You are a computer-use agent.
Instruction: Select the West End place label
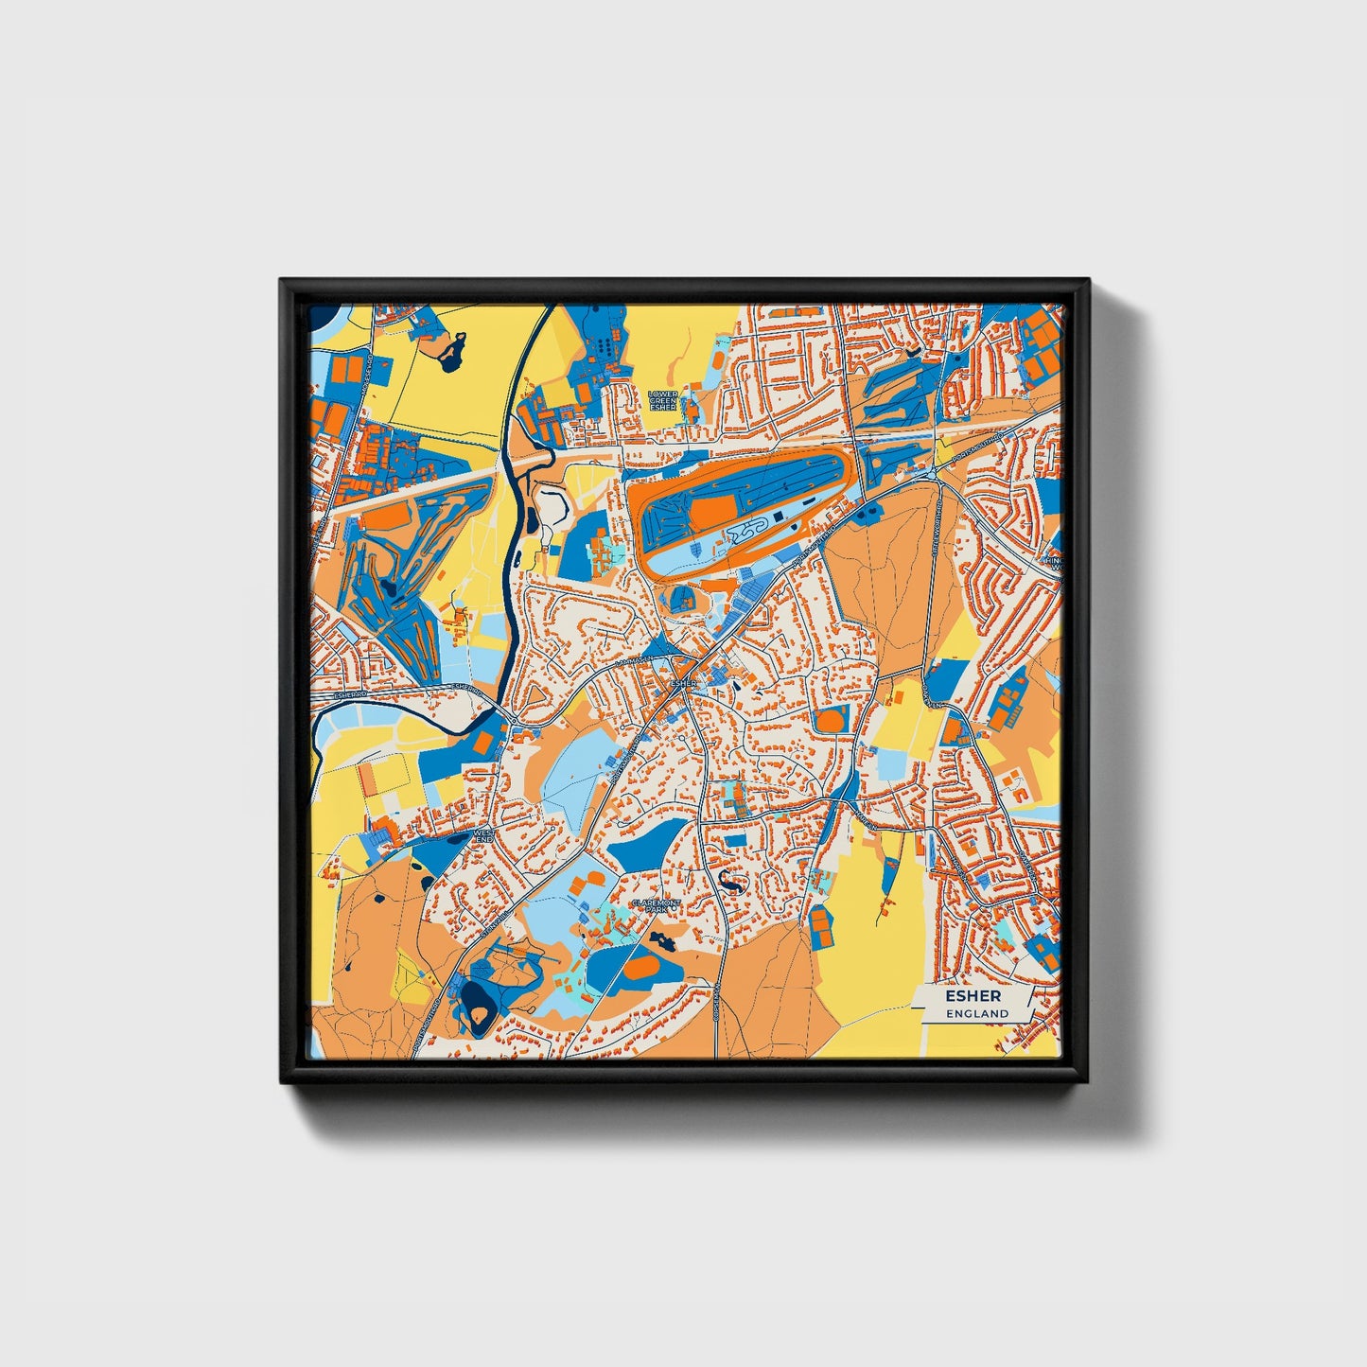(x=483, y=836)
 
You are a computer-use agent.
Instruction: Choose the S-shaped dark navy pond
(x=729, y=883)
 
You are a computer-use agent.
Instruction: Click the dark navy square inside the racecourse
(x=777, y=517)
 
